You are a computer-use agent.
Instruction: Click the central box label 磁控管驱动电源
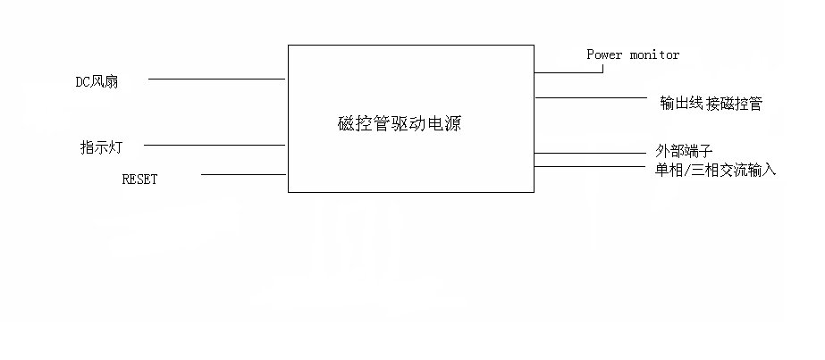(400, 125)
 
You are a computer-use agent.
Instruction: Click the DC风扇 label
(97, 82)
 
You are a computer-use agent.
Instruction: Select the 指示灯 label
(101, 147)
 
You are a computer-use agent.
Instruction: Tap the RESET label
(139, 179)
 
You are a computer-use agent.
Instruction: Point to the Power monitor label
(633, 55)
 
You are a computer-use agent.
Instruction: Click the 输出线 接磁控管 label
(711, 104)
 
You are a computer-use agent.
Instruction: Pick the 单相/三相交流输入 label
(715, 168)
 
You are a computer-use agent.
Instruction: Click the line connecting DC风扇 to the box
(216, 79)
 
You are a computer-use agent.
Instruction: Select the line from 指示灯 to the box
(215, 145)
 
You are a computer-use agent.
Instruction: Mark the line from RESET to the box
(243, 174)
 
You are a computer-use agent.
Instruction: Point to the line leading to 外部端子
(590, 154)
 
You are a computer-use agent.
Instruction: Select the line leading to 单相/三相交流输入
(590, 165)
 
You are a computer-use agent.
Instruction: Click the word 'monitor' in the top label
(654, 55)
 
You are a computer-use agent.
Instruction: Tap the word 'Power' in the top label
(604, 55)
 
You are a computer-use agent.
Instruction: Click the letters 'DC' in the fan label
(83, 82)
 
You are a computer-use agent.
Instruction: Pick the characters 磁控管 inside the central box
(359, 125)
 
